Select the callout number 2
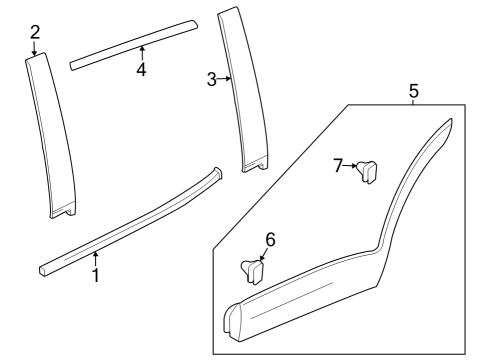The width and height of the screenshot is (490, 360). [35, 32]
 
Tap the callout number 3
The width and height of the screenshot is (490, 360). [211, 79]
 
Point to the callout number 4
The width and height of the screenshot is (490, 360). [141, 70]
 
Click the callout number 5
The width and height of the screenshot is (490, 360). [414, 91]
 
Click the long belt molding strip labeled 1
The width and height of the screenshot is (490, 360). [130, 226]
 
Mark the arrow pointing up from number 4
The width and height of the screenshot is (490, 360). [141, 52]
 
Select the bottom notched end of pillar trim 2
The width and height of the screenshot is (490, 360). [63, 211]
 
